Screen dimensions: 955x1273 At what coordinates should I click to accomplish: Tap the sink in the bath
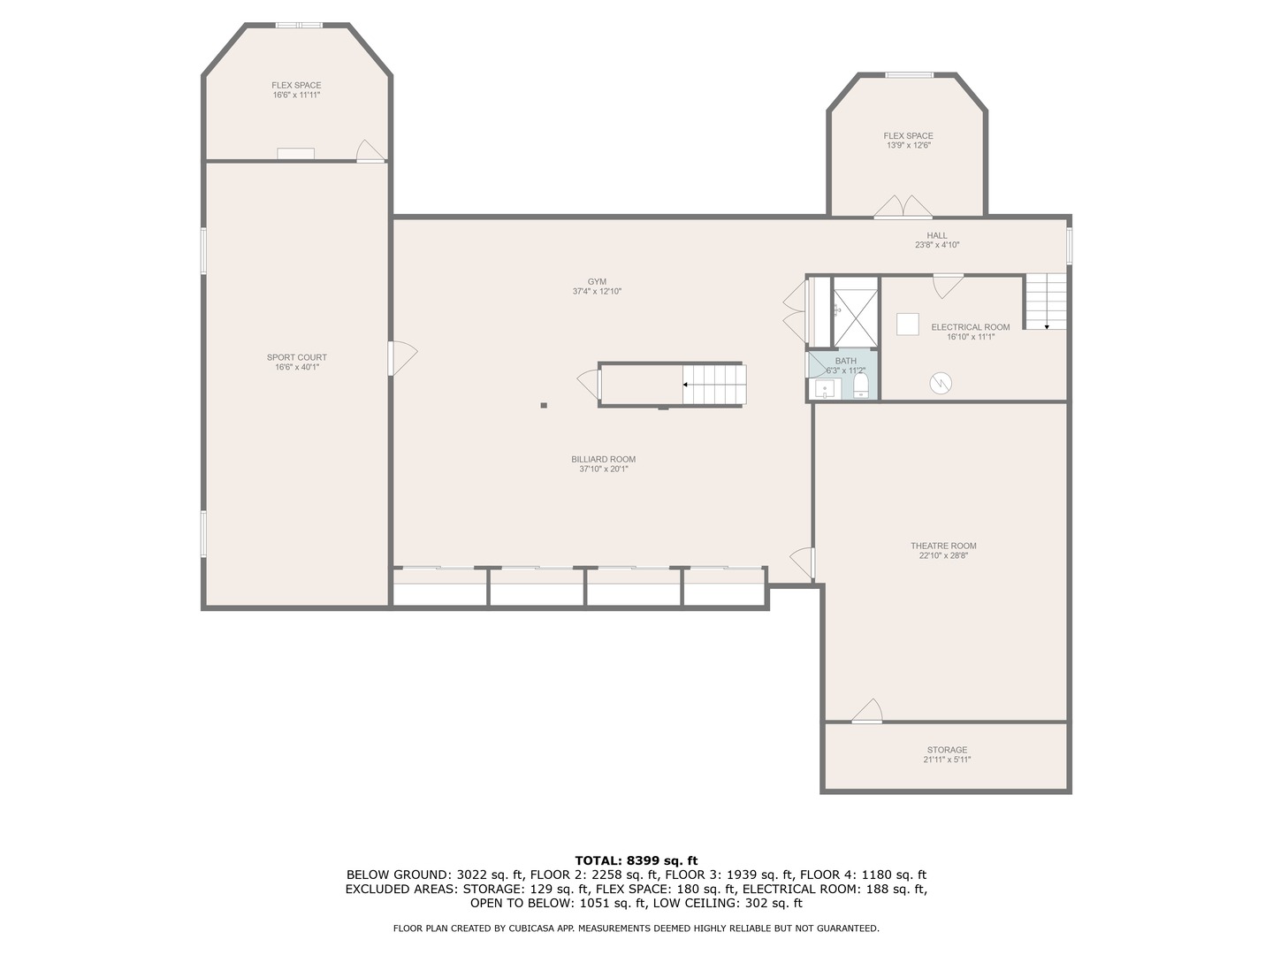825,389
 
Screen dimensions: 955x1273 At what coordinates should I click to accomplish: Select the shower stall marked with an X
854,311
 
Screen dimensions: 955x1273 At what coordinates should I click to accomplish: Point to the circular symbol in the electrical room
941,383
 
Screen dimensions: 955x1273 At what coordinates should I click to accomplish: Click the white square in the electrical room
908,325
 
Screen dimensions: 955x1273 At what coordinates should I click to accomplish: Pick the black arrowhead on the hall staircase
1047,326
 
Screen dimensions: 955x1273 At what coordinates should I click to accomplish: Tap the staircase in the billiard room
714,385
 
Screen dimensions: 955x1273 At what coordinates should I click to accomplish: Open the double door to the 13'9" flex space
903,207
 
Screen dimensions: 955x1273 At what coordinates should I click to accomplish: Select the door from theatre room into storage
868,713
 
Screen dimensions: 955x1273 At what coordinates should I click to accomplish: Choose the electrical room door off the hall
948,286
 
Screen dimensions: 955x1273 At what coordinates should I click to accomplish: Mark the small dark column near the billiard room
544,406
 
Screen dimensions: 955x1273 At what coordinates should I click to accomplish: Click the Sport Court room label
297,357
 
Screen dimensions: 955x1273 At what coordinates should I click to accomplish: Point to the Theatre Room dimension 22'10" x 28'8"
943,556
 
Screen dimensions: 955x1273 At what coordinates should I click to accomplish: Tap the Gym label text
597,281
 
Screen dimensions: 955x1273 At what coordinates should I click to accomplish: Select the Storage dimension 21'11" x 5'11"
947,760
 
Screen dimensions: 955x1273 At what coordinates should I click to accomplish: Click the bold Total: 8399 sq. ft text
636,860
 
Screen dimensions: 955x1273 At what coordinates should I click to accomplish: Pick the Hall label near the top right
937,235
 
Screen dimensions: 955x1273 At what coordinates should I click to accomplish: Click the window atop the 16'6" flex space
299,25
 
